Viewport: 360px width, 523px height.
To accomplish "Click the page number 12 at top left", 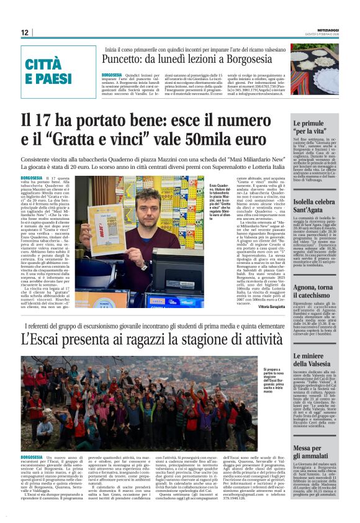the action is coord(24,32).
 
